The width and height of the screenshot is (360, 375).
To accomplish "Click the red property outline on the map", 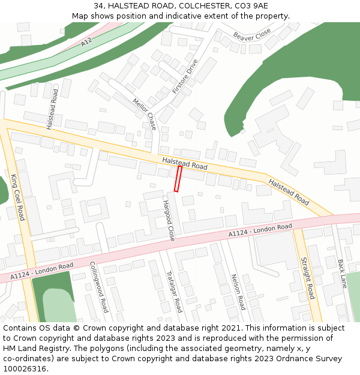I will [x=178, y=179].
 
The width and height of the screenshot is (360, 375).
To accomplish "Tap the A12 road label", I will [x=86, y=42].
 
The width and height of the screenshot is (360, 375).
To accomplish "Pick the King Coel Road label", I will [x=17, y=197].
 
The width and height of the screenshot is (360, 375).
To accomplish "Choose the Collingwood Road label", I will [x=98, y=286].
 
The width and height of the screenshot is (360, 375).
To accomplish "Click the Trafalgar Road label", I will [x=174, y=291].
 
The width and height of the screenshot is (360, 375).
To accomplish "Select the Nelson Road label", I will [x=238, y=292].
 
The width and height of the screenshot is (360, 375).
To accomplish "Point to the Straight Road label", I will [x=307, y=278].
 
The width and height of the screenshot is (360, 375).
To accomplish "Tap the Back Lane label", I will [x=343, y=274].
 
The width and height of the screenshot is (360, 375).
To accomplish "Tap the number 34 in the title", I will [x=98, y=6].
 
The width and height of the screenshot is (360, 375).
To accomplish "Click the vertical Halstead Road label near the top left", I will [x=52, y=109].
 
